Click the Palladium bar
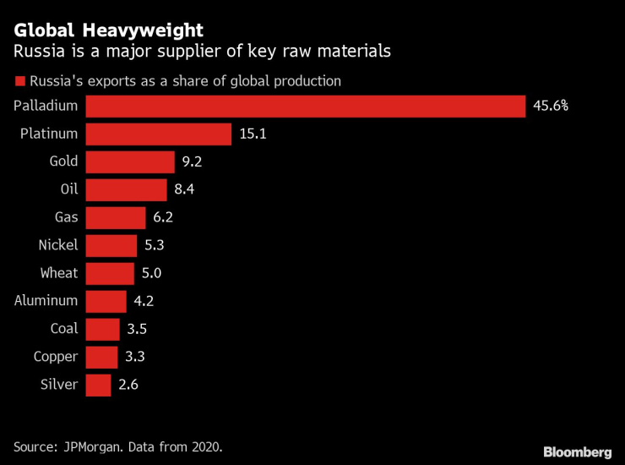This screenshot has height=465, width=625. tap(306, 106)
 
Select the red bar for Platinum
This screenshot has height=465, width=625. tap(159, 134)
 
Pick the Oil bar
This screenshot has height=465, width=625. tap(127, 189)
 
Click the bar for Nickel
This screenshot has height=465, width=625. tap(111, 245)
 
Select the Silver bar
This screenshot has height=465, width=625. tap(99, 385)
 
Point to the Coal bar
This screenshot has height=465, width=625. tap(103, 329)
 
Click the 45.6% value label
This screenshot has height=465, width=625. tap(551, 106)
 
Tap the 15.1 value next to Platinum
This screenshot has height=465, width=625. tap(253, 134)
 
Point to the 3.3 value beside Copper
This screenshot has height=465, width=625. tap(135, 357)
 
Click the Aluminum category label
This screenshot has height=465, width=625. tap(46, 300)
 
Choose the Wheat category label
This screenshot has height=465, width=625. tap(58, 273)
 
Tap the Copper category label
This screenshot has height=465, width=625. tap(56, 357)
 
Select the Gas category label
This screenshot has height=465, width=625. tap(66, 217)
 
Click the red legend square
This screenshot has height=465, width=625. tap(19, 82)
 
